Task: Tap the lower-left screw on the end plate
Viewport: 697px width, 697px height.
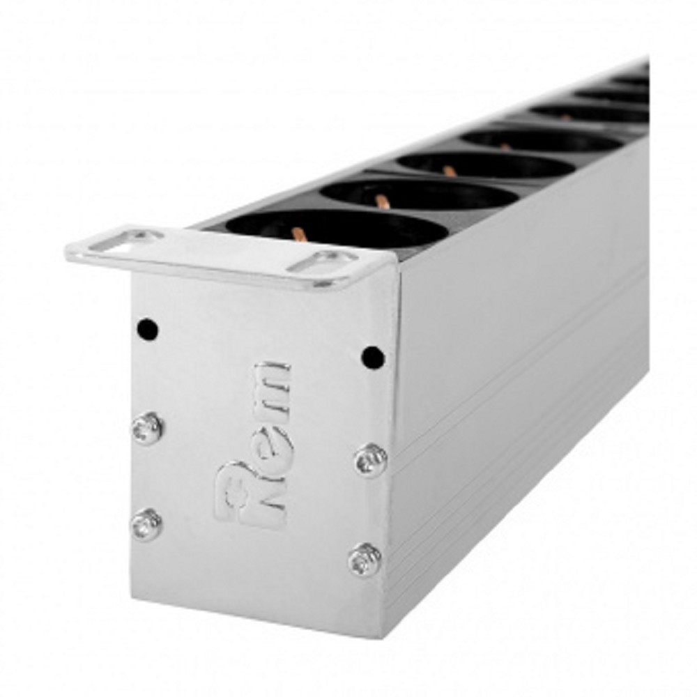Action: click(146, 525)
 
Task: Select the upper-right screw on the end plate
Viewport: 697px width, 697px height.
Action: click(371, 460)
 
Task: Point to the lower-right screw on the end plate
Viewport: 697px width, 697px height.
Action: click(365, 560)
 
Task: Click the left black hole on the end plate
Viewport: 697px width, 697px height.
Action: click(148, 330)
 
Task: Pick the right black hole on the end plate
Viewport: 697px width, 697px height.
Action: click(373, 358)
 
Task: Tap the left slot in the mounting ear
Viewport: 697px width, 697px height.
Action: click(125, 240)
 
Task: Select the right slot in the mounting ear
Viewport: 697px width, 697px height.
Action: click(323, 263)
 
